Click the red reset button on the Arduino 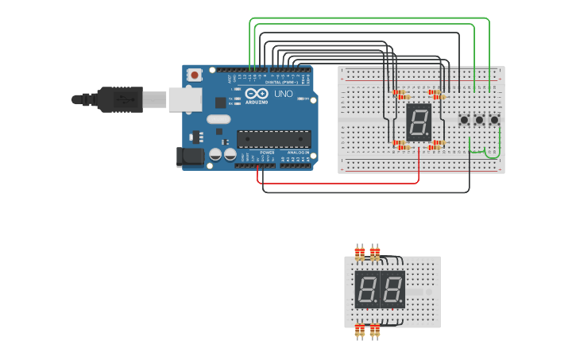[x=195, y=75]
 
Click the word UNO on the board [x=284, y=94]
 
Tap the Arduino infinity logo [x=256, y=93]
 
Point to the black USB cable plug [x=119, y=99]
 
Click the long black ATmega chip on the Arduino [x=273, y=139]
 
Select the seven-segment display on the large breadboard [x=419, y=122]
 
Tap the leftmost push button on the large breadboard [x=464, y=120]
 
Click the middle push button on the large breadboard [x=479, y=120]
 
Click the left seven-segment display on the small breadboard [x=367, y=289]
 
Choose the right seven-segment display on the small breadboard [x=392, y=289]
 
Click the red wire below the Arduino [x=342, y=184]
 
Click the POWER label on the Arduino [x=267, y=153]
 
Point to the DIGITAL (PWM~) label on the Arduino [x=280, y=82]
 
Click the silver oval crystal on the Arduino [x=218, y=119]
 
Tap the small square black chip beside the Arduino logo [x=220, y=103]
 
